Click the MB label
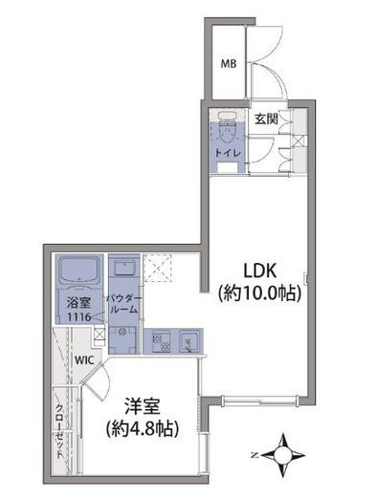229,64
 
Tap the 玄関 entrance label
267,119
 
